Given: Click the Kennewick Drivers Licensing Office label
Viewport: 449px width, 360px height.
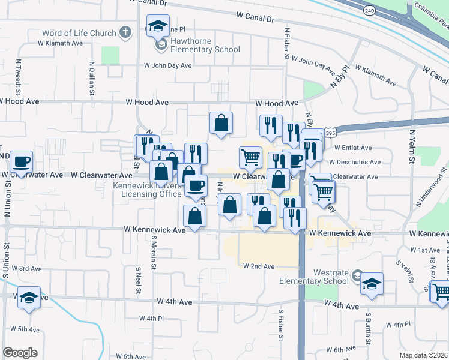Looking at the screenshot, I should (x=151, y=190).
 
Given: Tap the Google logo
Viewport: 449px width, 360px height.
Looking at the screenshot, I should (x=20, y=353).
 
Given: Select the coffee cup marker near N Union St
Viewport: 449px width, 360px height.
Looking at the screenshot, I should (x=22, y=162).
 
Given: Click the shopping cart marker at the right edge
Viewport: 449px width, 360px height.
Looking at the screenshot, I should (x=441, y=292).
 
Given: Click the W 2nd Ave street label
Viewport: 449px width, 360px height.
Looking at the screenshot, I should (x=258, y=266).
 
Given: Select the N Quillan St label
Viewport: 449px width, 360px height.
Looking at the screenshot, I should (x=92, y=78).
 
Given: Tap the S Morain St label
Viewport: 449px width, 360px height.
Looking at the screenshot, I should (x=154, y=251).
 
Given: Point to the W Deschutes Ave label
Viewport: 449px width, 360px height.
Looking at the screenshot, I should (x=358, y=162).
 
